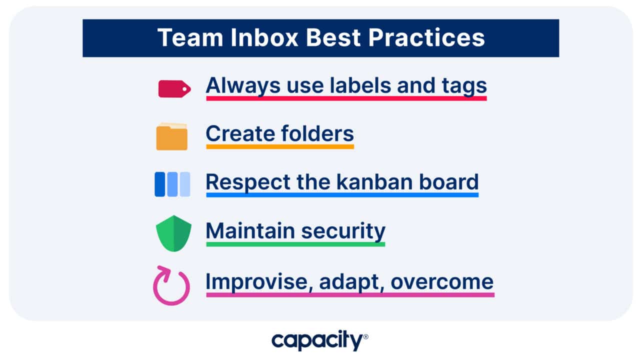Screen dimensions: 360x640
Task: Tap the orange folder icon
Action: [171, 136]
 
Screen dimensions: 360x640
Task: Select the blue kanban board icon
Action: [172, 184]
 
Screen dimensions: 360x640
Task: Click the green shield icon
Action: [173, 233]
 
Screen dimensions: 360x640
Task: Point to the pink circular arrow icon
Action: [171, 285]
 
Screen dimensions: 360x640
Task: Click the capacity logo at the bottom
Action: [319, 341]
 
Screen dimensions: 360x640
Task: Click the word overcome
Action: [442, 281]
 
